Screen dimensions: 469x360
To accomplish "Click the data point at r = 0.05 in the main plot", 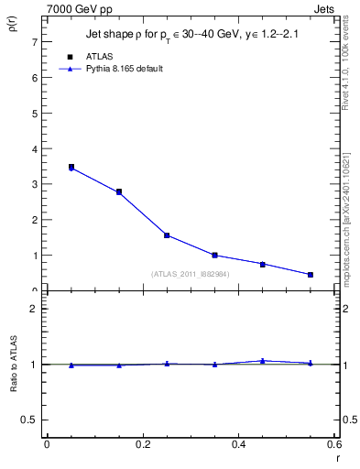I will [71, 168].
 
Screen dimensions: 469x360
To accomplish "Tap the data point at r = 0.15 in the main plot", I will [119, 192].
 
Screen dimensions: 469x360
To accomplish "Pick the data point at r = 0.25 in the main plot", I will [167, 235].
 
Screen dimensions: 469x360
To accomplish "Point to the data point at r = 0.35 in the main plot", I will [214, 256].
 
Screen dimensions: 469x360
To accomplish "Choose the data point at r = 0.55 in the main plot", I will [311, 275].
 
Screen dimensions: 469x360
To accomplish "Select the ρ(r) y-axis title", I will [13, 30].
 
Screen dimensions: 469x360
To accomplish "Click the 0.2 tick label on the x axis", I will [142, 445].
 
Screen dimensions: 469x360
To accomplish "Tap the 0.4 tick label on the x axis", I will [238, 445].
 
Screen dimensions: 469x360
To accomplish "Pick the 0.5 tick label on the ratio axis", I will [29, 420].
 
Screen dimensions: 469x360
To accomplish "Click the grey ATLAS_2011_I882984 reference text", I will [191, 274].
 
